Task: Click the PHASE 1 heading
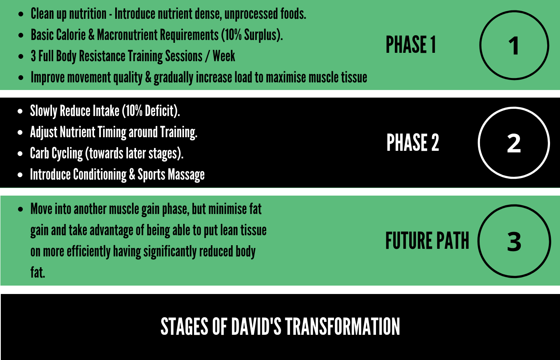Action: click(411, 44)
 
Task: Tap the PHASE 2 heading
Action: click(413, 142)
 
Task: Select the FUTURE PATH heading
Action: click(427, 240)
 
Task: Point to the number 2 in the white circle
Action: click(514, 143)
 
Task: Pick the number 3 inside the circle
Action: click(514, 242)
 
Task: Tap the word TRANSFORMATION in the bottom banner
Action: click(342, 326)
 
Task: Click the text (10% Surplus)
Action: click(252, 35)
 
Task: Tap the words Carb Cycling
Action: click(56, 153)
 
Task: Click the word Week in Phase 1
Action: click(224, 56)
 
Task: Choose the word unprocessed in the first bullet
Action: click(251, 14)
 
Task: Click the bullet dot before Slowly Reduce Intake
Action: click(20, 111)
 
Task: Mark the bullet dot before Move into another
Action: click(20, 209)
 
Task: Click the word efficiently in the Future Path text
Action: click(88, 252)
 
